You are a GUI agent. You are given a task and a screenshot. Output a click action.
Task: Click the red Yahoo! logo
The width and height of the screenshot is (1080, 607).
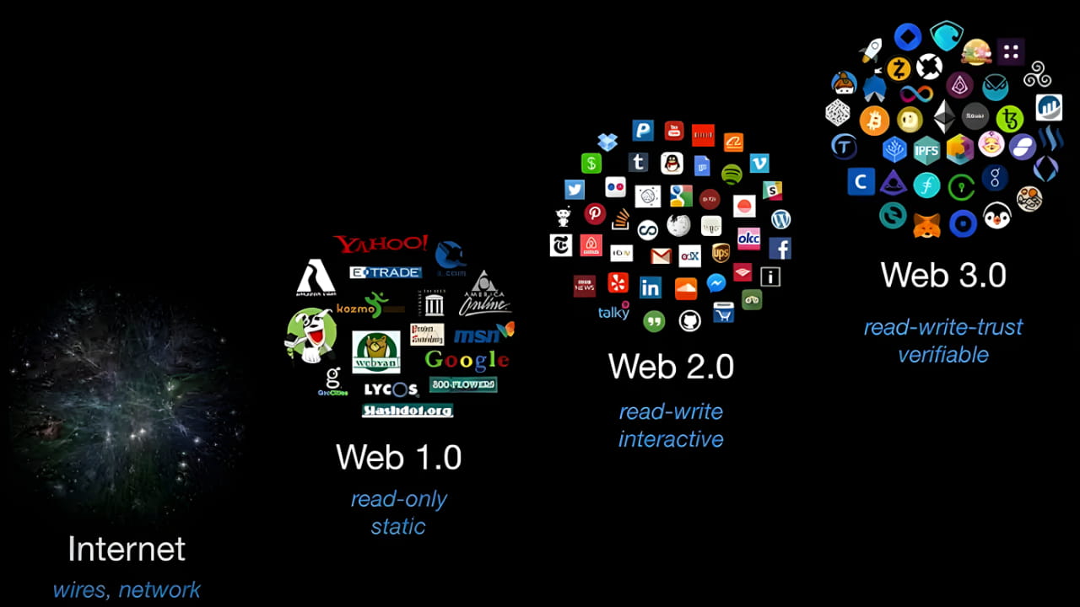(x=381, y=244)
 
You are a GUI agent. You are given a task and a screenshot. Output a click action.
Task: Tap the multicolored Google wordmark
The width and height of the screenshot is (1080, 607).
(x=467, y=360)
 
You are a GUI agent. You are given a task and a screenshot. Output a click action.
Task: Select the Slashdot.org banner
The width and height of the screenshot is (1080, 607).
(x=408, y=411)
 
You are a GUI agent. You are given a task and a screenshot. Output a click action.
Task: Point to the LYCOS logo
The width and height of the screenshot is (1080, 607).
(x=391, y=389)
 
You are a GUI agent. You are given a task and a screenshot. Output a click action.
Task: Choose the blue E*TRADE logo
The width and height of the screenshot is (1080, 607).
(x=385, y=272)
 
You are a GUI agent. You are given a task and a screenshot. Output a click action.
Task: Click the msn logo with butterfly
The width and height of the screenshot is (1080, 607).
(x=483, y=334)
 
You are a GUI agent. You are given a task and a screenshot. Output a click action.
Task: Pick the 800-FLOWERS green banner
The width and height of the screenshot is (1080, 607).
(x=462, y=384)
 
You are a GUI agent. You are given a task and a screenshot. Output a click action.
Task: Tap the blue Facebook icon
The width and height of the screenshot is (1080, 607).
(x=780, y=249)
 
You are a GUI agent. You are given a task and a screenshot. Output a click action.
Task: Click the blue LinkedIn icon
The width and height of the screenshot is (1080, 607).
(x=650, y=287)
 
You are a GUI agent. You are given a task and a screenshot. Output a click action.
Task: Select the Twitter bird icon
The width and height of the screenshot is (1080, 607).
(x=575, y=190)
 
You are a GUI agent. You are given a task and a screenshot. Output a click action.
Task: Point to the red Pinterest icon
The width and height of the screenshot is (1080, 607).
(x=595, y=213)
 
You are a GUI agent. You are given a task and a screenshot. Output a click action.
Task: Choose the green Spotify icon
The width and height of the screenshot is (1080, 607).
(x=732, y=175)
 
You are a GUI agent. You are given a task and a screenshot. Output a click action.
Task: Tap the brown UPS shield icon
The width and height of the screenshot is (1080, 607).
(x=721, y=252)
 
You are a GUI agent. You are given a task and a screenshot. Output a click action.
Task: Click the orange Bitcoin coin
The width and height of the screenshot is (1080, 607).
(x=874, y=120)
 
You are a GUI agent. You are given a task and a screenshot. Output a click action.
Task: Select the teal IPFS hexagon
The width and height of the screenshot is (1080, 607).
(x=926, y=151)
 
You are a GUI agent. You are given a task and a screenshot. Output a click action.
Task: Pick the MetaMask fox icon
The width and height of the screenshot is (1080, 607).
(x=926, y=224)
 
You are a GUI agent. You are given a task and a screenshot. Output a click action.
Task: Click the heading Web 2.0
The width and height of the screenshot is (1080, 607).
(x=671, y=367)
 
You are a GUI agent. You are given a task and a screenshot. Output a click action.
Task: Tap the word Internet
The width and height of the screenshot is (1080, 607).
(x=127, y=549)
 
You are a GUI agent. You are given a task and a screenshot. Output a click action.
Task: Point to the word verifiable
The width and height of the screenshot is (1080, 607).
(x=942, y=355)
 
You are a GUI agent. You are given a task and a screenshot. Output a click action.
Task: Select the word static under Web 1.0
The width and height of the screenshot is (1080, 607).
(x=398, y=527)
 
